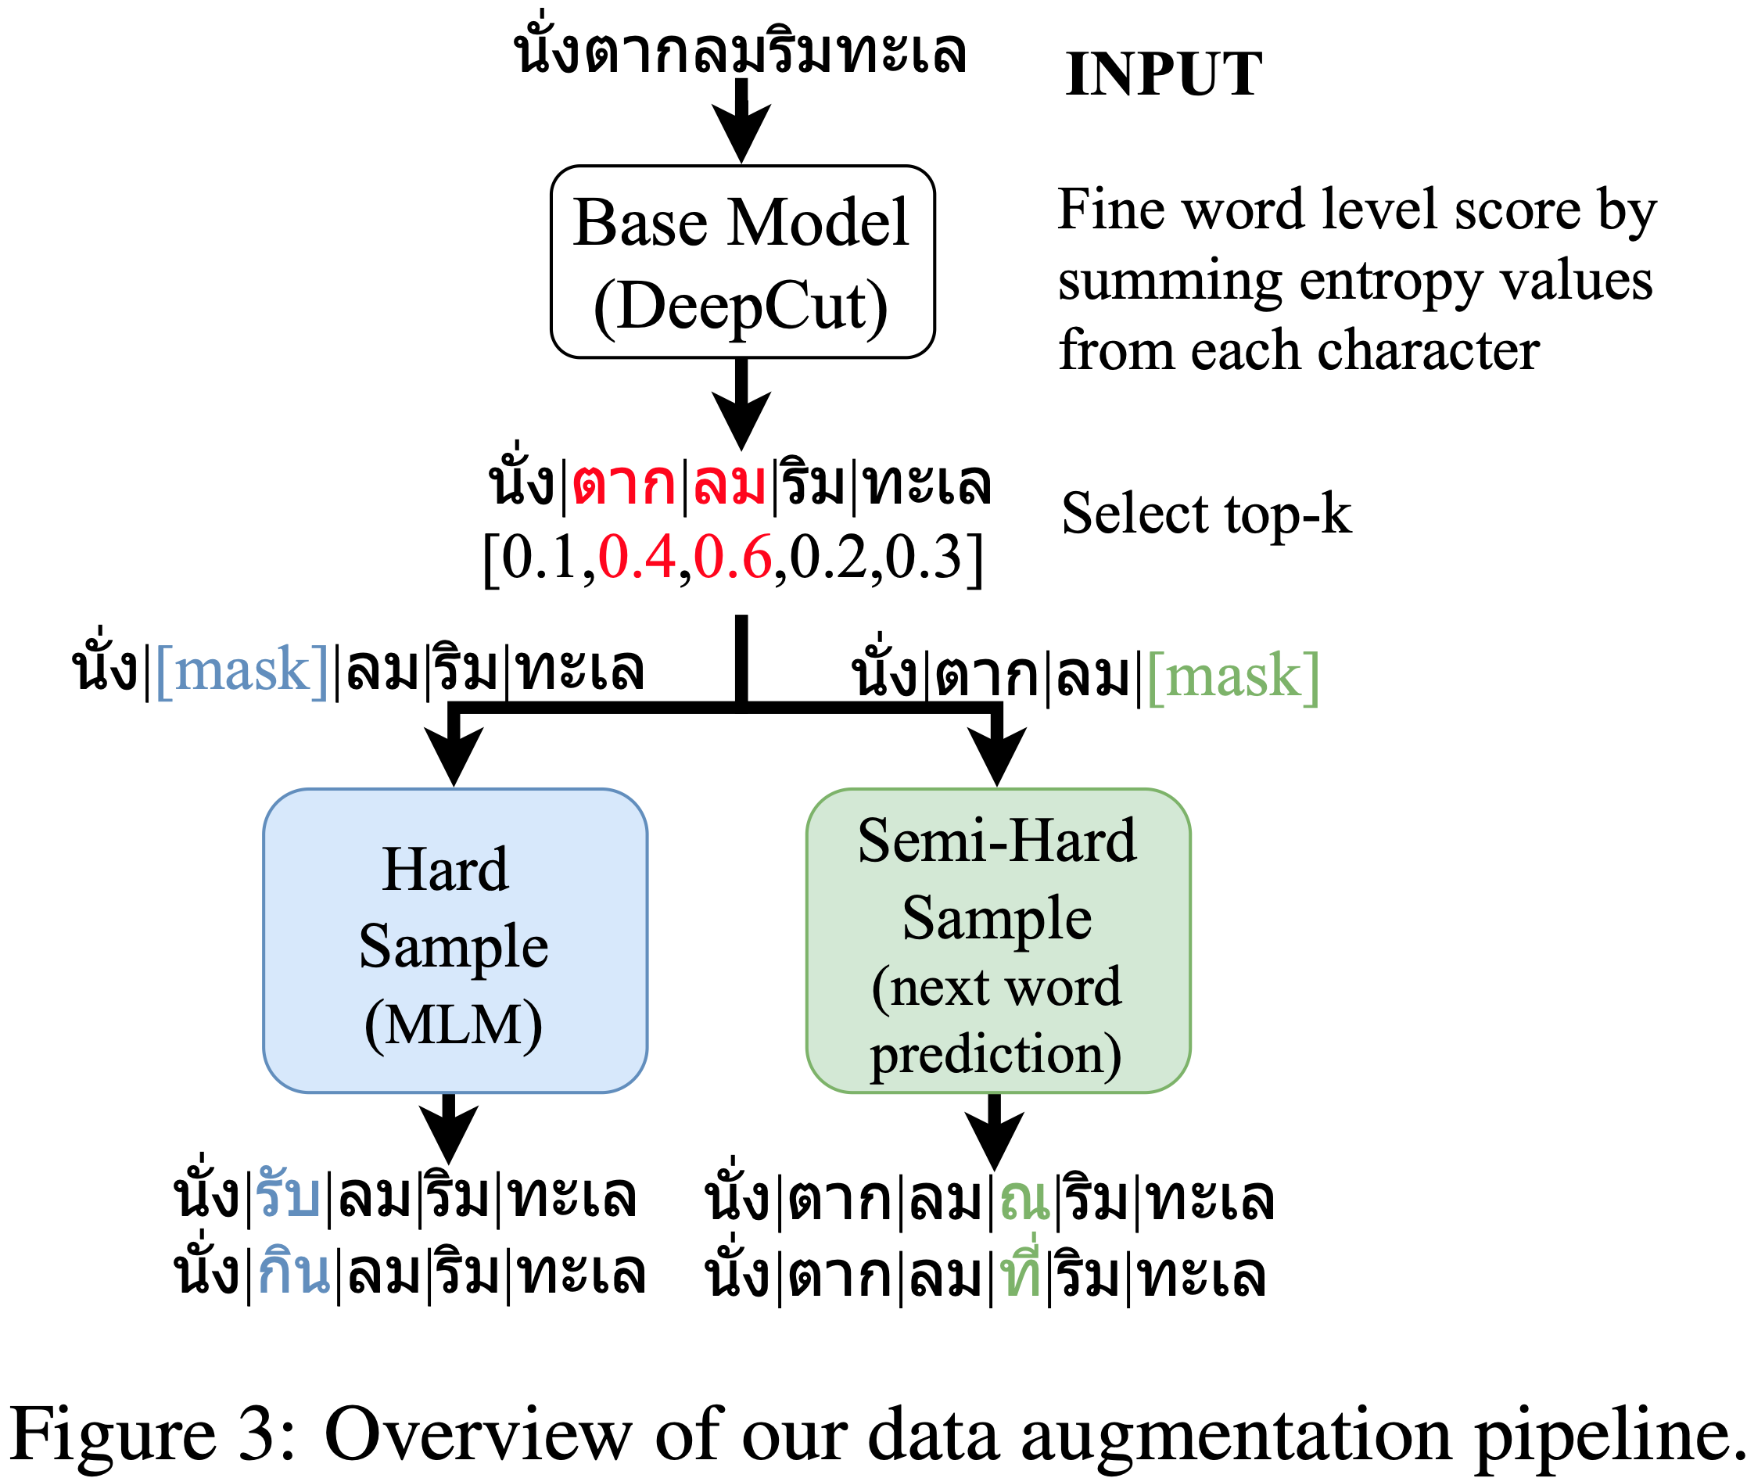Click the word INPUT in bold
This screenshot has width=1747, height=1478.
(1163, 74)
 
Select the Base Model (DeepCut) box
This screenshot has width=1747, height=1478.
(741, 262)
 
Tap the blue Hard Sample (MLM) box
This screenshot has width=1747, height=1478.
(454, 940)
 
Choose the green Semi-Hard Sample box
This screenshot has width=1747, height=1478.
(997, 940)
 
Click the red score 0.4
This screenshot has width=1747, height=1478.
(637, 557)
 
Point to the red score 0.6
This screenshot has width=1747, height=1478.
(732, 557)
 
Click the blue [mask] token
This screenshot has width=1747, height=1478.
(242, 670)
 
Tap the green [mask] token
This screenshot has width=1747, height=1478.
(1232, 676)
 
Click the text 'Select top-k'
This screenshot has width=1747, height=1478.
(1206, 514)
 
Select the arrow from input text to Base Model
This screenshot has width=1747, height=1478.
(741, 121)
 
